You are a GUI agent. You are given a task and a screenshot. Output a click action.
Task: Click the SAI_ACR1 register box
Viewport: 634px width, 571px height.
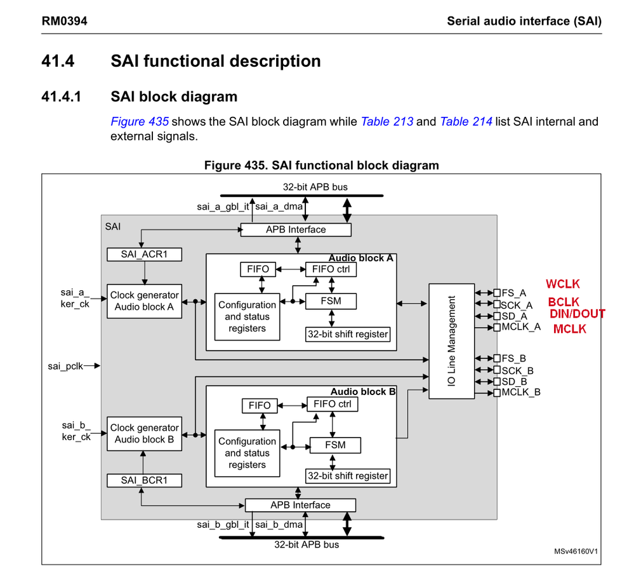(x=144, y=254)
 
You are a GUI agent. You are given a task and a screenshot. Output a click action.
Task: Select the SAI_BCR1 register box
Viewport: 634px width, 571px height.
(x=144, y=480)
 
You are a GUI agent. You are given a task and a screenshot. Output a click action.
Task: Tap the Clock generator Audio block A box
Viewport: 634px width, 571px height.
(x=144, y=301)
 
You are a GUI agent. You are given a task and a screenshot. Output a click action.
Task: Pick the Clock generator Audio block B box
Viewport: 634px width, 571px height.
(x=144, y=434)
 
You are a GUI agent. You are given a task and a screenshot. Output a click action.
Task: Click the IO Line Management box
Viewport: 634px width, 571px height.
(x=452, y=341)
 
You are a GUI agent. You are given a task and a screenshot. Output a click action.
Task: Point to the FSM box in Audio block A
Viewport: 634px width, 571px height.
(x=331, y=300)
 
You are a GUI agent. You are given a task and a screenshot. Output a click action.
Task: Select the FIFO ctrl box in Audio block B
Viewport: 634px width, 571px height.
(x=333, y=404)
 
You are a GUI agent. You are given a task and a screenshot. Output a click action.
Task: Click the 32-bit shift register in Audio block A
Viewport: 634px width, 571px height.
(x=347, y=334)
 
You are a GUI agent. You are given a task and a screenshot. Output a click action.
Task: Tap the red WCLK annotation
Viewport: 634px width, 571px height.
(x=563, y=285)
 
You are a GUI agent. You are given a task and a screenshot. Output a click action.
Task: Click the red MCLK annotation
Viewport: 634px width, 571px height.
(x=569, y=329)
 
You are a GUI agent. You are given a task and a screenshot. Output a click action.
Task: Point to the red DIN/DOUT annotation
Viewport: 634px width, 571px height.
(x=577, y=314)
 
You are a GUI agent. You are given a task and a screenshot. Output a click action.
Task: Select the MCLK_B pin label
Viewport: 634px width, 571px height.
(x=520, y=393)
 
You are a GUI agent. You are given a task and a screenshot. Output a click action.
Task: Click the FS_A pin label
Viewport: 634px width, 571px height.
(x=513, y=293)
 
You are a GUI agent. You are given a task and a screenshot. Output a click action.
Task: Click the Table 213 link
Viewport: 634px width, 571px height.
(x=386, y=121)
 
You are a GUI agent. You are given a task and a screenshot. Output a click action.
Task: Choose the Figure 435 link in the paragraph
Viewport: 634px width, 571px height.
(x=140, y=121)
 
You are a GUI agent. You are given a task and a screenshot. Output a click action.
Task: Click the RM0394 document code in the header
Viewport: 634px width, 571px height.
(x=64, y=21)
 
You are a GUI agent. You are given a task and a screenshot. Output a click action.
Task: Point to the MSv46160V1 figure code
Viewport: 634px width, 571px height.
(x=576, y=551)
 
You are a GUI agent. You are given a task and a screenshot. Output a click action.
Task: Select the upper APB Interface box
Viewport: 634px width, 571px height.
(x=296, y=229)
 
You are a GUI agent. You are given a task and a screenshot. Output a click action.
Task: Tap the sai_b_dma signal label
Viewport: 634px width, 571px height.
(x=279, y=525)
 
